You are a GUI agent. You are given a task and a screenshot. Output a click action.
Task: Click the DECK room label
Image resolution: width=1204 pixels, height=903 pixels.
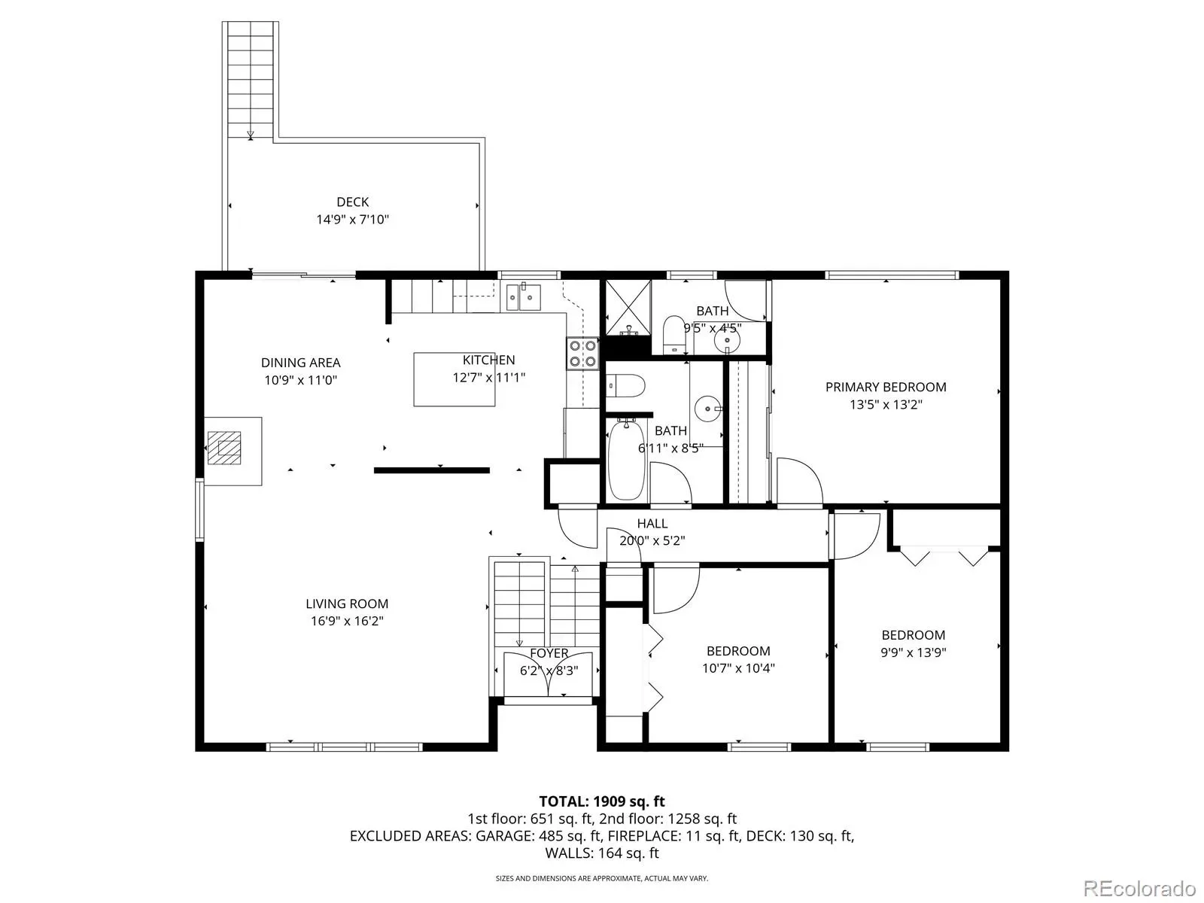click(x=352, y=202)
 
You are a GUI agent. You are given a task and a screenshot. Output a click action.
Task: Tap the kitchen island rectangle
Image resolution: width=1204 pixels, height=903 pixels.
click(x=454, y=379)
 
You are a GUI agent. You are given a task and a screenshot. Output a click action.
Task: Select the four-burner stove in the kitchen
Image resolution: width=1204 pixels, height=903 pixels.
click(x=582, y=354)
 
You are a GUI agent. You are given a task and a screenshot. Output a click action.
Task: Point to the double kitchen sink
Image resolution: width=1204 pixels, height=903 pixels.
click(x=523, y=296)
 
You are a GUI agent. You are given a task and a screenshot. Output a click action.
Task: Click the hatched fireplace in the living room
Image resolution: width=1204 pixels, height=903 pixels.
click(x=224, y=448)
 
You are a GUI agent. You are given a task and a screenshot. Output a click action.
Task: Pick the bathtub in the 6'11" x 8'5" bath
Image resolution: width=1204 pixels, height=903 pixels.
click(x=626, y=460)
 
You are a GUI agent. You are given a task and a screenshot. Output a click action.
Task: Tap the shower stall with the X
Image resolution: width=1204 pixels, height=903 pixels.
click(x=628, y=307)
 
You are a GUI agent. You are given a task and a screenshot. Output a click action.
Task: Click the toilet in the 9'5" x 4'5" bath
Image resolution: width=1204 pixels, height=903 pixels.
click(x=673, y=335)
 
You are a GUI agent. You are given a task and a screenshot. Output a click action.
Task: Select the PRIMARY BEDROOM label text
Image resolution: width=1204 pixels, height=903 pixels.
click(x=885, y=387)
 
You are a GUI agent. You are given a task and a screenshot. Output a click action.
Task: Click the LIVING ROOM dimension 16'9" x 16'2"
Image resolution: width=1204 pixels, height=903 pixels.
click(x=347, y=621)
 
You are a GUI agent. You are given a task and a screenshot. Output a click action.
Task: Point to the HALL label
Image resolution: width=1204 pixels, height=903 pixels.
click(x=652, y=523)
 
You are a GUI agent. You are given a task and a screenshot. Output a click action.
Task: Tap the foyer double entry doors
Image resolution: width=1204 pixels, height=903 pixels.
click(x=548, y=674)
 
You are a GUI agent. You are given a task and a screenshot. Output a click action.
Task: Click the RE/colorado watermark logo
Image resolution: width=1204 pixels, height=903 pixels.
click(x=1139, y=888)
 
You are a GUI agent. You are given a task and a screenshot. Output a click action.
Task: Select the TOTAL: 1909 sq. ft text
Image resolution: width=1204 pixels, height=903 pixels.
click(x=602, y=801)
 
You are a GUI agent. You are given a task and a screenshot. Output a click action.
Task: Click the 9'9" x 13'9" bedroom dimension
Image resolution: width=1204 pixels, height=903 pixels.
click(x=914, y=652)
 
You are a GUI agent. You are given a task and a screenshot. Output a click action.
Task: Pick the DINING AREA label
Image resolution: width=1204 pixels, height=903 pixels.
click(x=300, y=363)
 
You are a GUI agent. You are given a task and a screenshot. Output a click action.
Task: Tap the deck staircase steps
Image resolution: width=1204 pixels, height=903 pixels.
click(x=250, y=80)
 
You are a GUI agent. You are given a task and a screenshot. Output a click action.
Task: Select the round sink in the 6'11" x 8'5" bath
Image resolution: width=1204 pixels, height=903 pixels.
click(x=708, y=409)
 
